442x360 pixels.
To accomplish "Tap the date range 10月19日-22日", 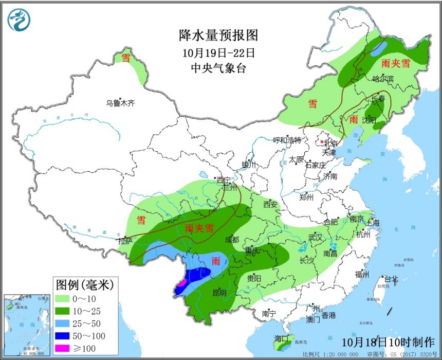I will point(218,52).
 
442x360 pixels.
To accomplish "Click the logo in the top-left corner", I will point(19,20).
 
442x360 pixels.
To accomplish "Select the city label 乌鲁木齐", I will point(120,103).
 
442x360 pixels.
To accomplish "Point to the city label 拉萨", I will point(125,241).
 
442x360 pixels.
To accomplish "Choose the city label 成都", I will point(232,240).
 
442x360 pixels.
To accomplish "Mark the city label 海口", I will point(282,340).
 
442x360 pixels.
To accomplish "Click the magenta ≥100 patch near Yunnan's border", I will point(181,282).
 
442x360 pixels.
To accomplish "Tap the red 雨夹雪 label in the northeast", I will point(396,64).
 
